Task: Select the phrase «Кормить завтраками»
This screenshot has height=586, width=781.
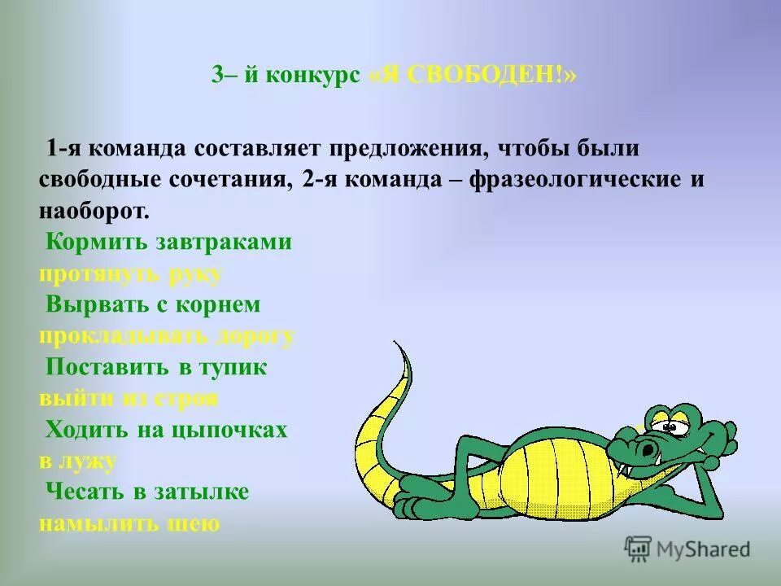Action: click(x=168, y=242)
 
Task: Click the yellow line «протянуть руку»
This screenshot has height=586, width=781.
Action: click(x=130, y=273)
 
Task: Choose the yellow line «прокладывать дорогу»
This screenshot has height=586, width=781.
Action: click(x=167, y=336)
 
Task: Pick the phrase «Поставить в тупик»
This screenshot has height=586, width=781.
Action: click(x=156, y=367)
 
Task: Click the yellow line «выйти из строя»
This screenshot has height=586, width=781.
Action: click(x=128, y=399)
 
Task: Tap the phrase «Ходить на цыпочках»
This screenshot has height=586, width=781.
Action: click(x=167, y=430)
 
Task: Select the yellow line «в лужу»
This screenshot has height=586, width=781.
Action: click(x=78, y=461)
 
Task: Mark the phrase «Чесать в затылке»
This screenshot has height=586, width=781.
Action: click(x=147, y=492)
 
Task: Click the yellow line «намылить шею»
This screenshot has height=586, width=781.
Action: click(x=129, y=524)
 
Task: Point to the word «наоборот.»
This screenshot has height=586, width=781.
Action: click(x=94, y=211)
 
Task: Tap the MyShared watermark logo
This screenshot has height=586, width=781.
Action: click(x=687, y=549)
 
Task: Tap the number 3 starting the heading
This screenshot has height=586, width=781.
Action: click(x=217, y=74)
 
